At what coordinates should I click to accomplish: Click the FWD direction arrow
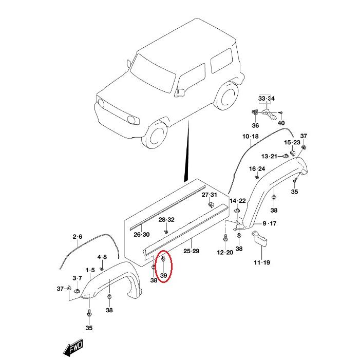(73, 347)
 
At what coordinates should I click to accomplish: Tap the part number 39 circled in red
(163, 275)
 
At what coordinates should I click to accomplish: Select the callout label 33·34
(267, 99)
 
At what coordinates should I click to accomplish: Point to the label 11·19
(262, 262)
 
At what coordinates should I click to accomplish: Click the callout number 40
(281, 123)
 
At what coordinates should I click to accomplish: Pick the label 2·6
(78, 236)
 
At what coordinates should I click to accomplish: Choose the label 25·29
(191, 251)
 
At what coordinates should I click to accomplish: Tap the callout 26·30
(142, 234)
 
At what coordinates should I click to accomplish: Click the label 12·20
(225, 252)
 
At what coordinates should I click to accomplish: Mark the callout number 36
(255, 126)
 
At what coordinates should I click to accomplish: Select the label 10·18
(251, 137)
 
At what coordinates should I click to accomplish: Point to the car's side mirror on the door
(181, 92)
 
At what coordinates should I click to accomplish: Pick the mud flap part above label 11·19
(260, 239)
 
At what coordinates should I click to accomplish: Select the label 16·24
(257, 169)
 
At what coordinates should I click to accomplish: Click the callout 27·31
(210, 195)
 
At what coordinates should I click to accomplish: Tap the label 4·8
(102, 257)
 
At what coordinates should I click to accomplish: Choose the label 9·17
(270, 223)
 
